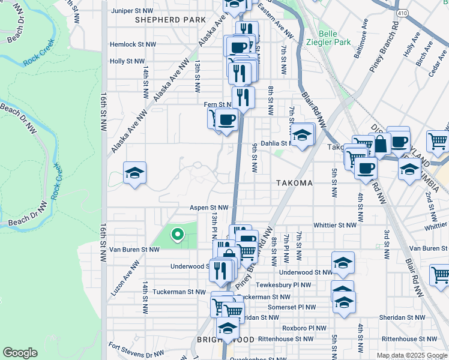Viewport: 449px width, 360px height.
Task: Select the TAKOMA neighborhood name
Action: tap(294, 183)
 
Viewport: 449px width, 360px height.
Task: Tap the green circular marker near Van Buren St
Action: tap(177, 234)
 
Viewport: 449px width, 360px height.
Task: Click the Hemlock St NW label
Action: tap(133, 44)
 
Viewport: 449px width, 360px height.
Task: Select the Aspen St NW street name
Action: tap(209, 208)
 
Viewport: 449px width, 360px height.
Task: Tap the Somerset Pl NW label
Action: tap(293, 307)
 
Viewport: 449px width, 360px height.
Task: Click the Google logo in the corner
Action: tap(20, 353)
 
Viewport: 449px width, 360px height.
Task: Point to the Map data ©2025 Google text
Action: tap(411, 355)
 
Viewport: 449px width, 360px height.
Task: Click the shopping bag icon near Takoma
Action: tap(381, 143)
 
